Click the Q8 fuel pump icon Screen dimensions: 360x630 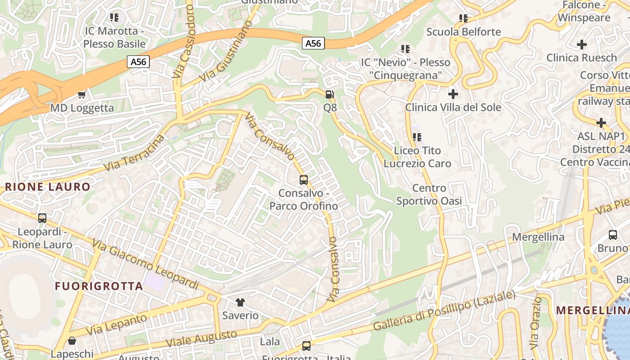330,94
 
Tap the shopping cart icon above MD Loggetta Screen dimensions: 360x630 82,94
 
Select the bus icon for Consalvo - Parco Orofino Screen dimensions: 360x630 304,180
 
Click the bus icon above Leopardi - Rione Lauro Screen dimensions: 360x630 42,218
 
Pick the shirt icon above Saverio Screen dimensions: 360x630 240,302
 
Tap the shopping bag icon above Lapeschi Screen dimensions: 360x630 72,341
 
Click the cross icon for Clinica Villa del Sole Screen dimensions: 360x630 453,94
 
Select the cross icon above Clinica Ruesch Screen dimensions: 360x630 582,45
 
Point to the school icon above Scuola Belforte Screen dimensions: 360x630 463,18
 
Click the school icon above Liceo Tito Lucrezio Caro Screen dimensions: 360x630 417,137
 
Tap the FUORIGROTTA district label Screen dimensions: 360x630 99,286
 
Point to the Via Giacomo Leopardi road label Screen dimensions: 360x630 145,265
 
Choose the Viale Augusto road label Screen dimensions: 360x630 201,338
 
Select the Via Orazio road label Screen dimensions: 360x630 535,323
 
